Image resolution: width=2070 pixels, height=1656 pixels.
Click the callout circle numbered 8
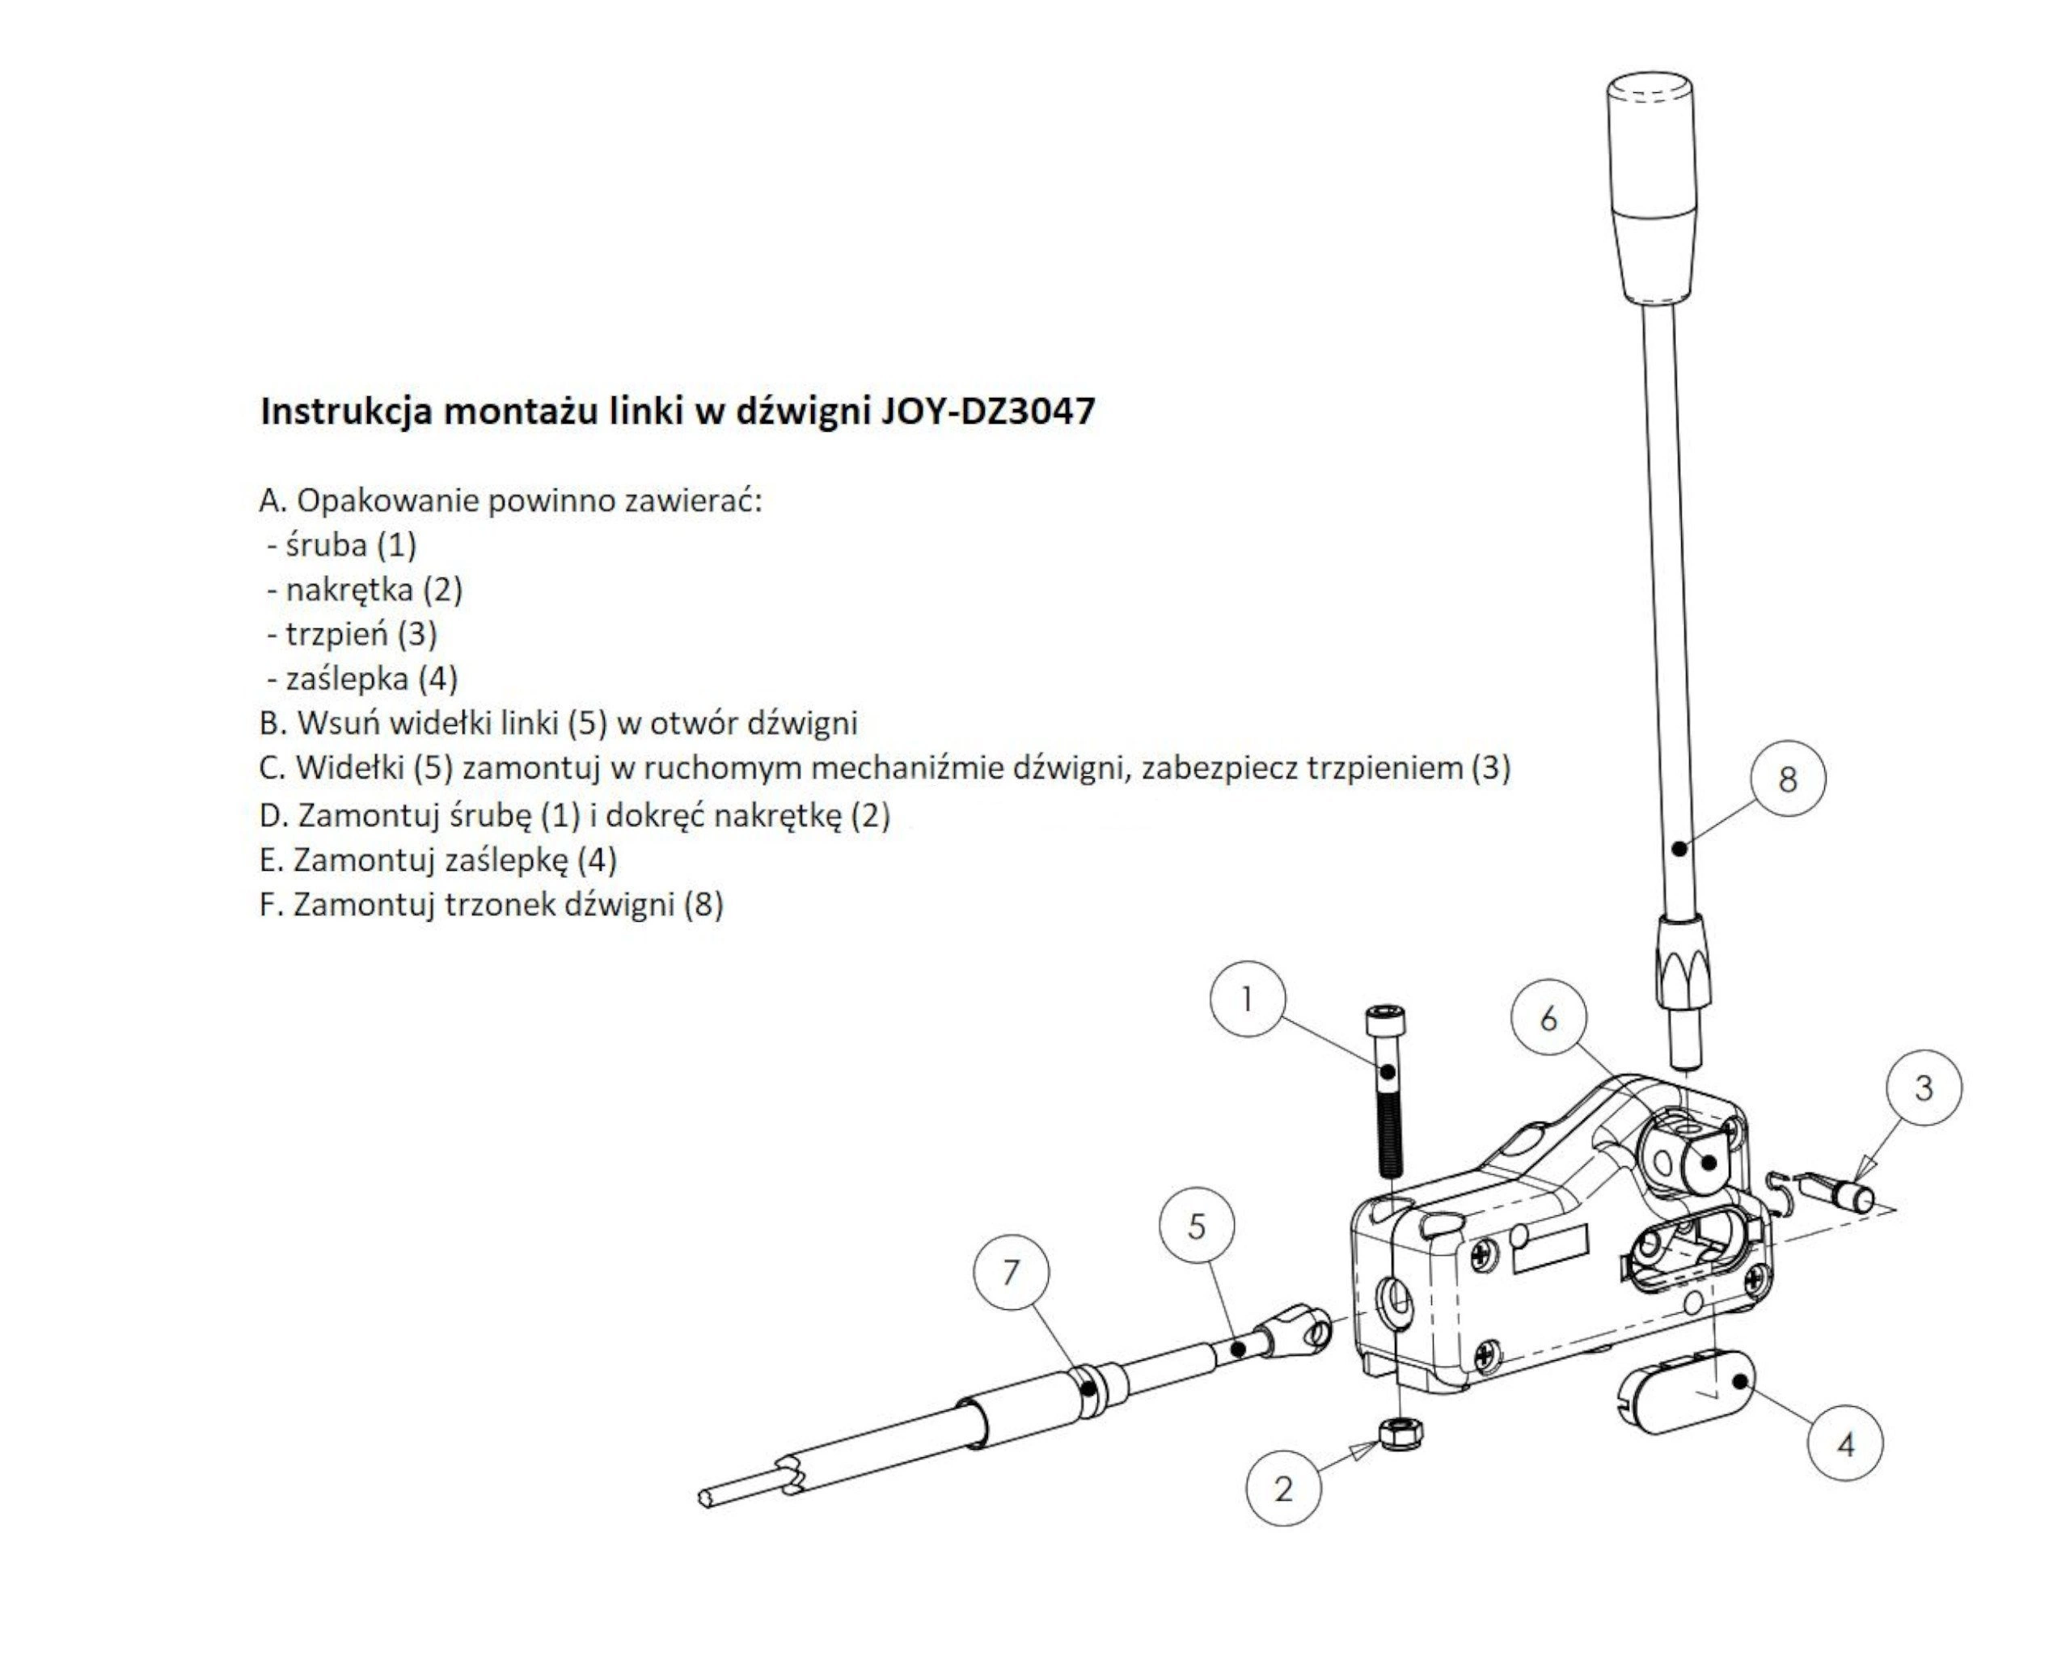coord(1788,779)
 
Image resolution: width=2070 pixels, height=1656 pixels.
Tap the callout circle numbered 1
coord(1247,999)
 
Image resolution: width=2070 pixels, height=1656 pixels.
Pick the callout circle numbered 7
coord(1011,1273)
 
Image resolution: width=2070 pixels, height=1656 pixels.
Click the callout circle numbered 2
coord(1284,1489)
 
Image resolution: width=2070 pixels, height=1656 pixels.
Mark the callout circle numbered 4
coord(1844,1445)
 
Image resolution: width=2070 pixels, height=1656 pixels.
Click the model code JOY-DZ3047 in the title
coord(988,411)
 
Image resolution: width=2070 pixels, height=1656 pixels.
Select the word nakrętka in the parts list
coord(349,589)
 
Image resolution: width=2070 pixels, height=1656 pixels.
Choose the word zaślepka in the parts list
coord(347,678)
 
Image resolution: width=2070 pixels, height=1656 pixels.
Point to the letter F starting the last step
coord(268,904)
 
